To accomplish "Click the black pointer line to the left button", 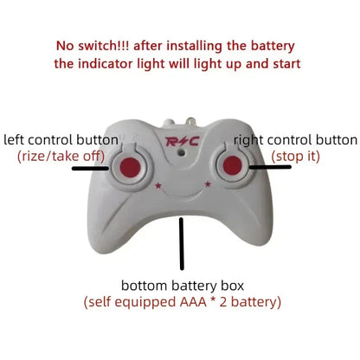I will point(90,169).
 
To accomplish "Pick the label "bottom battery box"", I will point(182,286).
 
